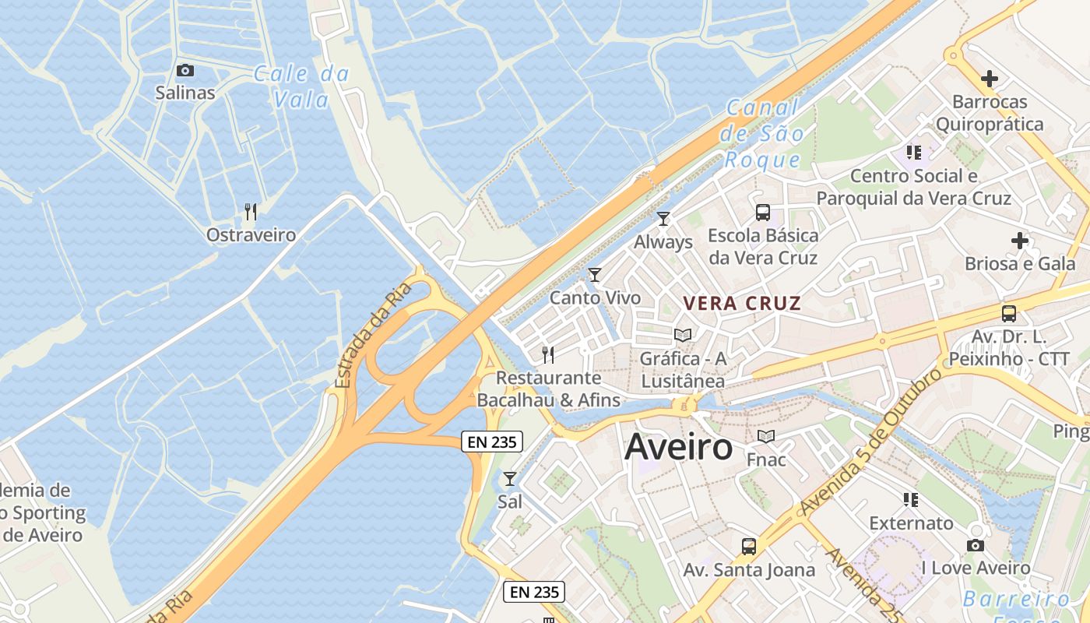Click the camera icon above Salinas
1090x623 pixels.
(x=185, y=70)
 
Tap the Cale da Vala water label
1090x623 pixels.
(x=301, y=86)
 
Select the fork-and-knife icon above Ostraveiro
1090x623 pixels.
(x=251, y=212)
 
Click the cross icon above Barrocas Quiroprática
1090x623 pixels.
(x=990, y=79)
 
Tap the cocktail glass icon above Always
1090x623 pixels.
(x=663, y=219)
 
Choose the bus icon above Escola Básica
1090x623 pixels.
(x=763, y=212)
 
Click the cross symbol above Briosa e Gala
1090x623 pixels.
(x=1020, y=241)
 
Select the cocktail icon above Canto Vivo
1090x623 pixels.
(x=595, y=274)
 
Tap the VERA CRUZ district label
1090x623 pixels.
(x=742, y=303)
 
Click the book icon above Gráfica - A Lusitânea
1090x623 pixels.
(x=683, y=335)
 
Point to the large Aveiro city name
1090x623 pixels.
(x=679, y=447)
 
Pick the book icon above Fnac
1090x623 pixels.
(x=766, y=436)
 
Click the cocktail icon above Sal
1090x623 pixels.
(x=510, y=478)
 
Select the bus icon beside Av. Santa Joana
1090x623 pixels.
(x=749, y=547)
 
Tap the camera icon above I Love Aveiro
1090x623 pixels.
(x=976, y=545)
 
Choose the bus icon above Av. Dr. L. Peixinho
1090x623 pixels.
(x=1009, y=314)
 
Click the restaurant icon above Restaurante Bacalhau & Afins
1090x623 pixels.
(x=548, y=355)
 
